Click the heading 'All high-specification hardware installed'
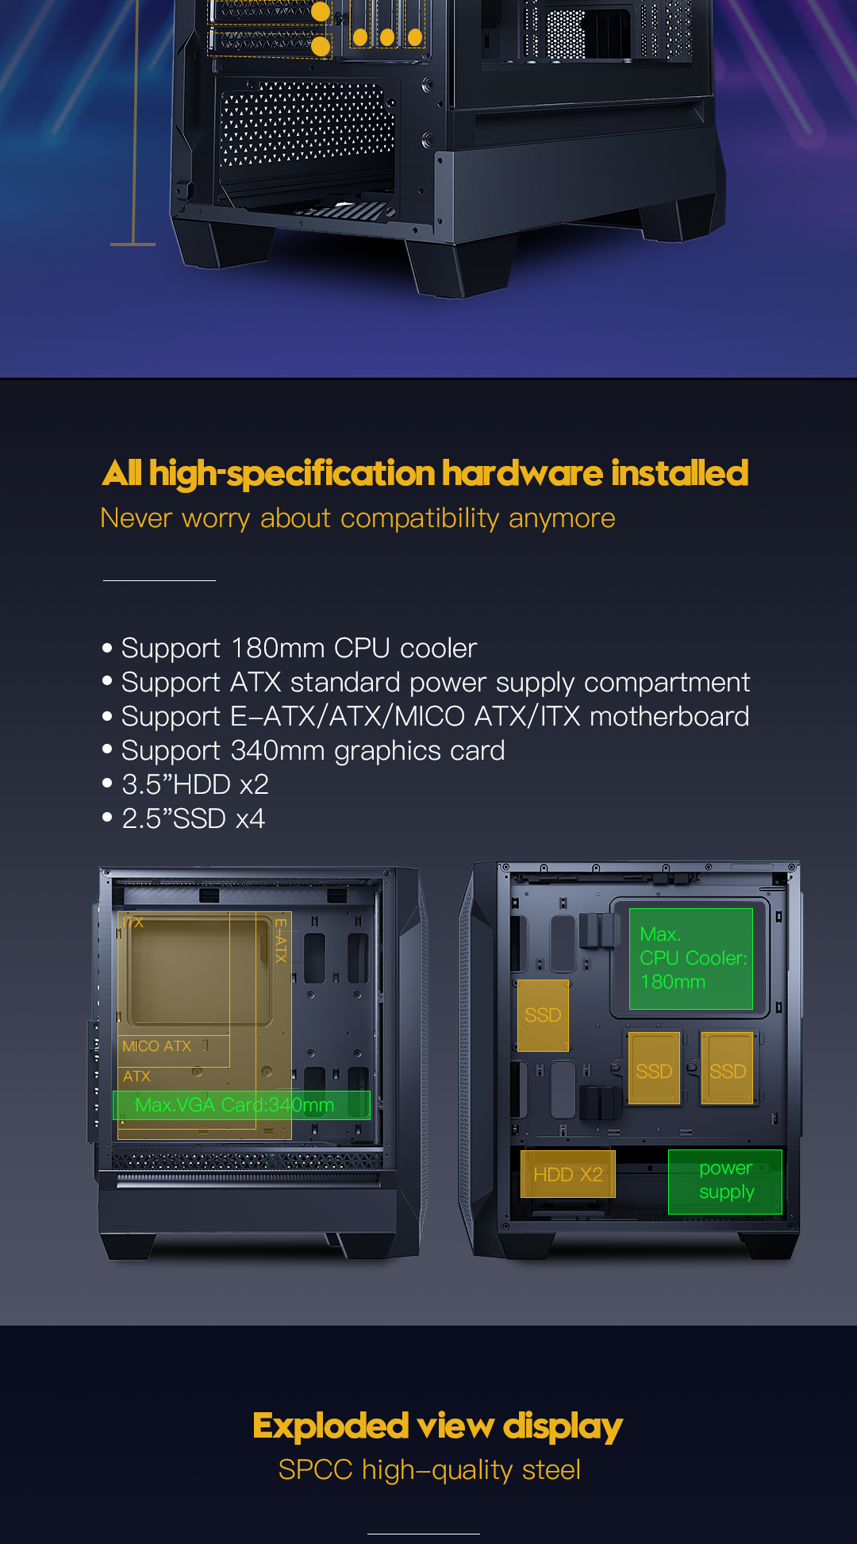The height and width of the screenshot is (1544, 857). (x=425, y=473)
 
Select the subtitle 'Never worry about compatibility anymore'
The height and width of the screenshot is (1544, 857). (x=358, y=518)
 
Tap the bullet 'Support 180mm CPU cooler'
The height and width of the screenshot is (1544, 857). (x=299, y=649)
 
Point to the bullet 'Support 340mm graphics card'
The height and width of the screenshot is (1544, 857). (x=313, y=751)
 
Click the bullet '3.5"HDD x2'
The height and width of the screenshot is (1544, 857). (x=195, y=785)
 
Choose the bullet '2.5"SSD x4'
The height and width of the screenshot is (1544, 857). (x=194, y=819)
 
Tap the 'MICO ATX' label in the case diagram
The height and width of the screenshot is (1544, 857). (x=157, y=1046)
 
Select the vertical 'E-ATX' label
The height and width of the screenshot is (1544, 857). (x=280, y=940)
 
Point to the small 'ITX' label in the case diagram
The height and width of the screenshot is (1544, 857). (x=133, y=922)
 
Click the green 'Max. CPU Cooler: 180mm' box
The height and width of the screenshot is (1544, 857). (x=691, y=959)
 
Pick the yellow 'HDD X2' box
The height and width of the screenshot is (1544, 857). (x=568, y=1175)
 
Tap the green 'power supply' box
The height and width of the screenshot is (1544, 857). (x=725, y=1181)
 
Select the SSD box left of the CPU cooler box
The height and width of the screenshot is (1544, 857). (x=543, y=1015)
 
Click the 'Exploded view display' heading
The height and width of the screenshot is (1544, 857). (x=437, y=1427)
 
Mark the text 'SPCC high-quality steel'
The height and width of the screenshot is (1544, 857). (x=429, y=1470)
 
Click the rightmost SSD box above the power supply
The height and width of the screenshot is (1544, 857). (x=727, y=1071)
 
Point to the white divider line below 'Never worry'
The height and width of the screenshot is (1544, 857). (x=159, y=580)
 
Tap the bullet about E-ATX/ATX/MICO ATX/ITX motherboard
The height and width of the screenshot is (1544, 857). (x=435, y=717)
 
